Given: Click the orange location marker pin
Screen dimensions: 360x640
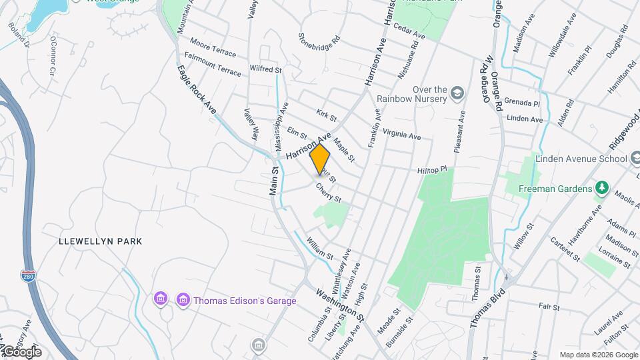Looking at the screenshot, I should [x=320, y=159].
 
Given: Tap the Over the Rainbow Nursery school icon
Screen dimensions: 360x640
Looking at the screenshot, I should [x=457, y=91].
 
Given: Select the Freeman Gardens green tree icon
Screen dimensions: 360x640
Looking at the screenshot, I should [x=602, y=188].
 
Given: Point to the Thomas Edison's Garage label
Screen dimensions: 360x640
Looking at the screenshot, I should [x=245, y=301].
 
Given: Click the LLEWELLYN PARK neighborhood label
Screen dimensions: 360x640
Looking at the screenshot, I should [x=100, y=240].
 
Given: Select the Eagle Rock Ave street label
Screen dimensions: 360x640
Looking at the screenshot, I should [x=197, y=89].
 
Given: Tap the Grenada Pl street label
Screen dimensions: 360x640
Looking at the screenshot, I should [x=521, y=103].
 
